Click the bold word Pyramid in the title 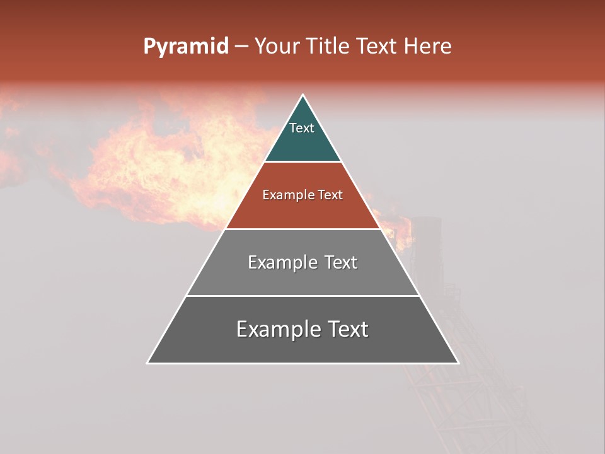[185, 47]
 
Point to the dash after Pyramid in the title [241, 47]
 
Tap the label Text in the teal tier [302, 128]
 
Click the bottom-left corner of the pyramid [147, 363]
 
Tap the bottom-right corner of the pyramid [458, 363]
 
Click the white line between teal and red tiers [302, 161]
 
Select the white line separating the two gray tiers [302, 296]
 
